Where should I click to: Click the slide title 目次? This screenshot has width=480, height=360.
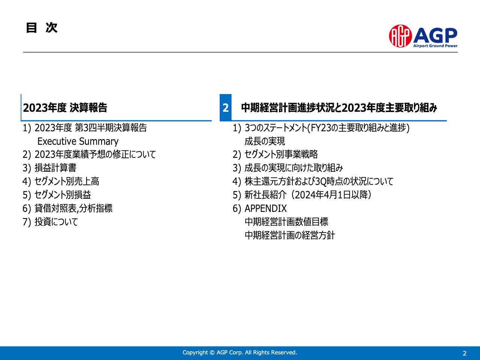(42, 28)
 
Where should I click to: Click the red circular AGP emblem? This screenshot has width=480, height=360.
(400, 36)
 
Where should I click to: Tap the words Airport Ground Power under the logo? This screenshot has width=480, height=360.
(435, 46)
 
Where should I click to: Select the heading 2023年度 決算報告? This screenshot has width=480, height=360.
(65, 108)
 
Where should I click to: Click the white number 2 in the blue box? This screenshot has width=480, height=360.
(225, 108)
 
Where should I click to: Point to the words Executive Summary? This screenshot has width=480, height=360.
(78, 141)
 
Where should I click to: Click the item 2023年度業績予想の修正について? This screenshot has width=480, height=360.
(95, 154)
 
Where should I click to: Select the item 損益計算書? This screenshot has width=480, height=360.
(55, 168)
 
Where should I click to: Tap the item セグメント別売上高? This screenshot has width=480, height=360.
(67, 181)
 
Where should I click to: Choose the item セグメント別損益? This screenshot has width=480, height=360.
(63, 195)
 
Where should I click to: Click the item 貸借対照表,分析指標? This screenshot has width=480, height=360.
(73, 208)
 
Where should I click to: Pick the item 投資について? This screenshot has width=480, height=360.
(56, 222)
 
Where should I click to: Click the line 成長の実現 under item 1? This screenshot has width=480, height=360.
(265, 141)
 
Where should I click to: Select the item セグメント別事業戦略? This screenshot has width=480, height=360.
(281, 154)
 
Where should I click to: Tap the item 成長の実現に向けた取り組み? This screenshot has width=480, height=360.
(294, 168)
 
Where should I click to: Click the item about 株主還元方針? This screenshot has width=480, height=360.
(319, 181)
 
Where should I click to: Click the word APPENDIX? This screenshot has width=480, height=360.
(265, 208)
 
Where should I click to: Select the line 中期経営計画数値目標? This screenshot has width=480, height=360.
(286, 222)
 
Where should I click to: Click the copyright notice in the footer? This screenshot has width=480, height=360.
(240, 352)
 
